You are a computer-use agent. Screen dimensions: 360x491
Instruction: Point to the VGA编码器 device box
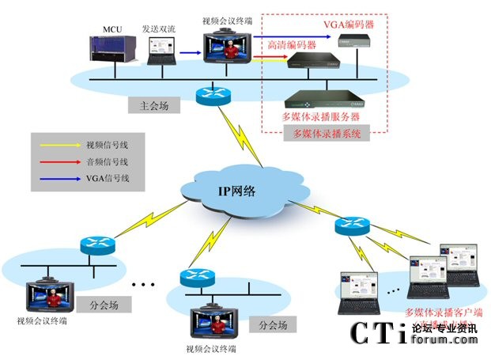coord(349,44)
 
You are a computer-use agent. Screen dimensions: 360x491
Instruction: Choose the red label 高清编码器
coord(292,45)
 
